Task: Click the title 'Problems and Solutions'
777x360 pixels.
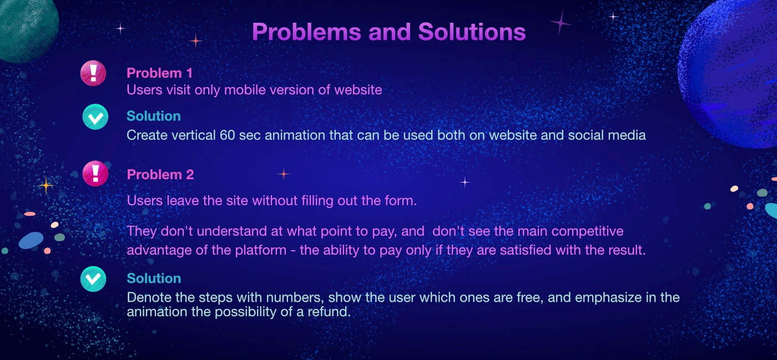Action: click(389, 32)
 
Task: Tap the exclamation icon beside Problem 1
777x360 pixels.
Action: click(93, 73)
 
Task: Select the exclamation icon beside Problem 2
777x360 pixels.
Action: click(95, 174)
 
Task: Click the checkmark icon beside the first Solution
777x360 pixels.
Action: click(95, 117)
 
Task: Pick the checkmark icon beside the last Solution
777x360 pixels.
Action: click(93, 279)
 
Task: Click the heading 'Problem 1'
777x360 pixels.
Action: click(160, 73)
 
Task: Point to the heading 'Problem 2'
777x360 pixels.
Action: click(160, 174)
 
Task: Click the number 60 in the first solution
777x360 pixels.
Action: click(227, 135)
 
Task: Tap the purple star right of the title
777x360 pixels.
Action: click(560, 23)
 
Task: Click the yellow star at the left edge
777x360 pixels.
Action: click(46, 185)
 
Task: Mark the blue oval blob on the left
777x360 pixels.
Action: click(31, 240)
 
